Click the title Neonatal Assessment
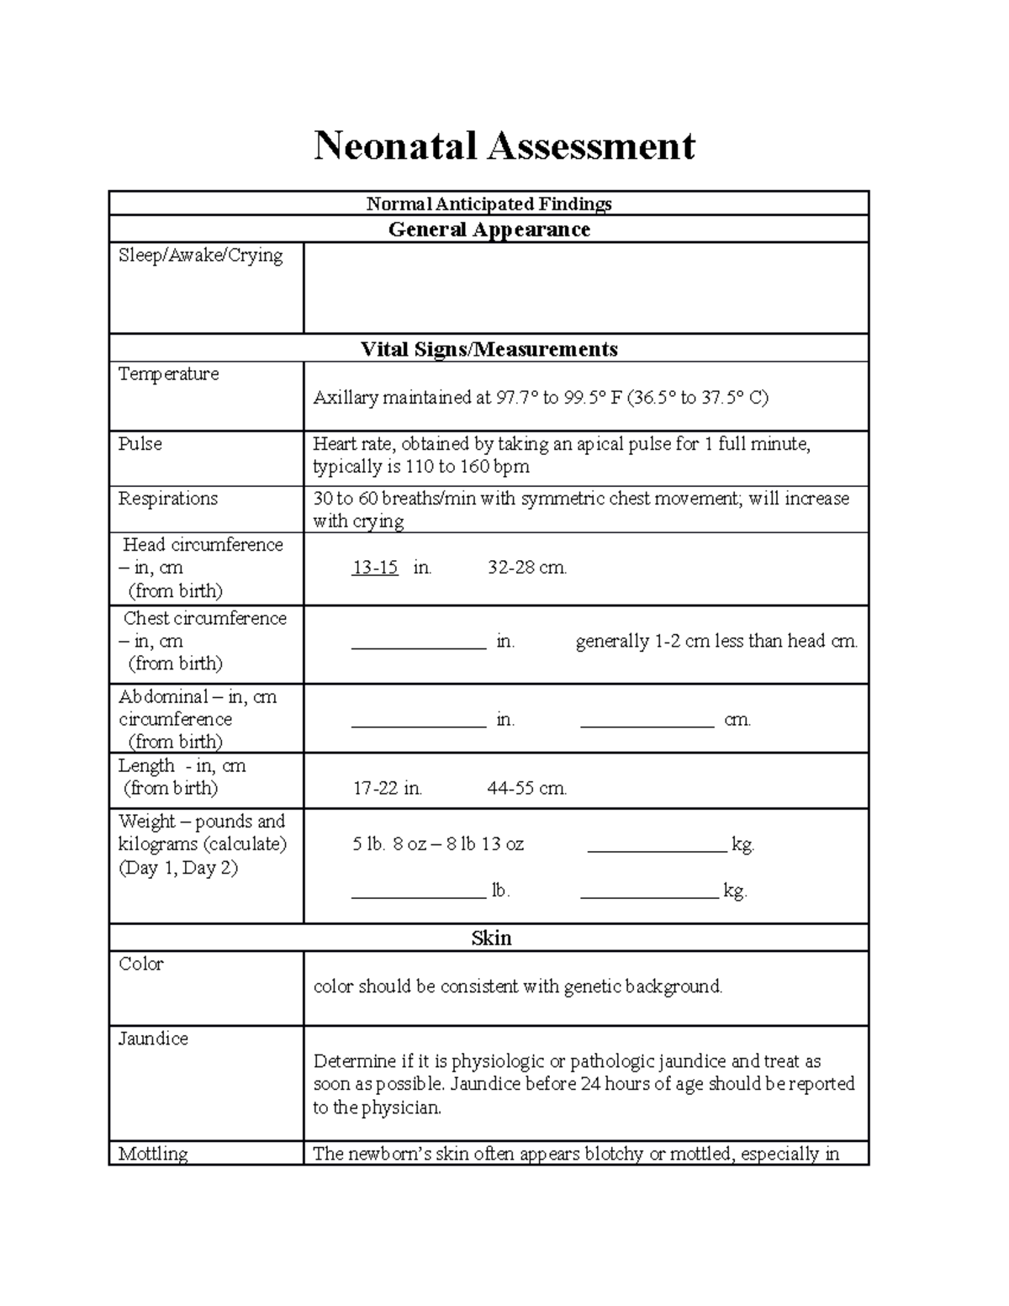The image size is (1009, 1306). coord(504,145)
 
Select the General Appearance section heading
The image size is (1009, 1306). coord(489,230)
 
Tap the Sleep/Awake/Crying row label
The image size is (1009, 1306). coord(200,255)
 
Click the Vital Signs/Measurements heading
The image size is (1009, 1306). coord(489,349)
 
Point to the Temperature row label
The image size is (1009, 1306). coord(168,374)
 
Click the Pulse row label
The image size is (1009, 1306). coord(140,444)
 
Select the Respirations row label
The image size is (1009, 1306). coord(167,499)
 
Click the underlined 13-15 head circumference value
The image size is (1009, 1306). coord(375,568)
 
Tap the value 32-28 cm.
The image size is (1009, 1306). coord(527,568)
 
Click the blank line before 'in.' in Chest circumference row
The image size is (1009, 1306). coord(419,645)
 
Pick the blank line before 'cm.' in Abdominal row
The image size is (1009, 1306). coord(647,723)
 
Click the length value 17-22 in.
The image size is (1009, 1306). coord(387,789)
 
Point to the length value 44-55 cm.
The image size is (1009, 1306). coord(527,789)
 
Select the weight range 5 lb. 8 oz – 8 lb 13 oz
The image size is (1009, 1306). coord(438,844)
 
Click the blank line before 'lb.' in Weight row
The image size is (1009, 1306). coord(419,896)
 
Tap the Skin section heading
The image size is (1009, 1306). coord(491,939)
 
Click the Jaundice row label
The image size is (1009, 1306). coord(153,1039)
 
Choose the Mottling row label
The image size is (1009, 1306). coord(153,1154)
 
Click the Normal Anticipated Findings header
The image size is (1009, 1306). coord(489,204)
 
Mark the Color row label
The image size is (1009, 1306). coord(140,965)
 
